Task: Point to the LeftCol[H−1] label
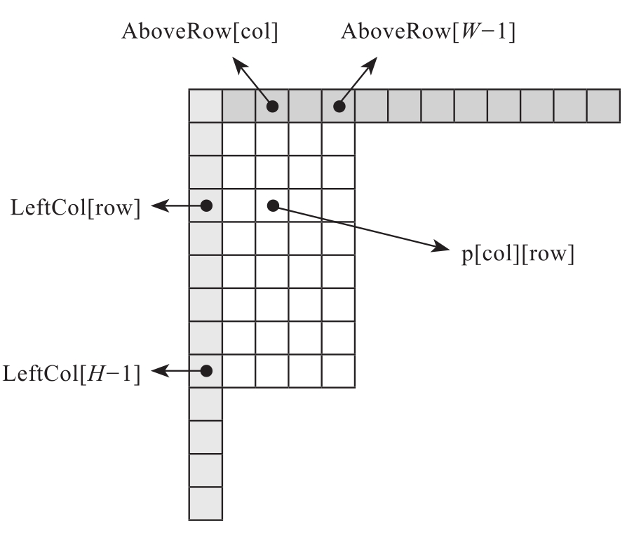(x=72, y=371)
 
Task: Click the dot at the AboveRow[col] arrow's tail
(x=273, y=107)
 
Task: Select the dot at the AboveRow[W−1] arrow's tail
(x=339, y=107)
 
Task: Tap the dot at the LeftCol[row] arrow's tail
(x=206, y=206)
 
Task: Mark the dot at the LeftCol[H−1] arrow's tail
(x=206, y=371)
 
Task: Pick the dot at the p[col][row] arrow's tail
(x=273, y=206)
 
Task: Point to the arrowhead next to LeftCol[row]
(x=160, y=206)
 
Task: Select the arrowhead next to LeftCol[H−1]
(x=160, y=371)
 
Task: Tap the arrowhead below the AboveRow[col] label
(x=240, y=65)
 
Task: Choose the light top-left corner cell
(x=206, y=106)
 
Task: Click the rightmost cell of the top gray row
(x=603, y=106)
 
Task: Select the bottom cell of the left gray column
(x=206, y=503)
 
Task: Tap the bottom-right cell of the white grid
(x=339, y=371)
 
